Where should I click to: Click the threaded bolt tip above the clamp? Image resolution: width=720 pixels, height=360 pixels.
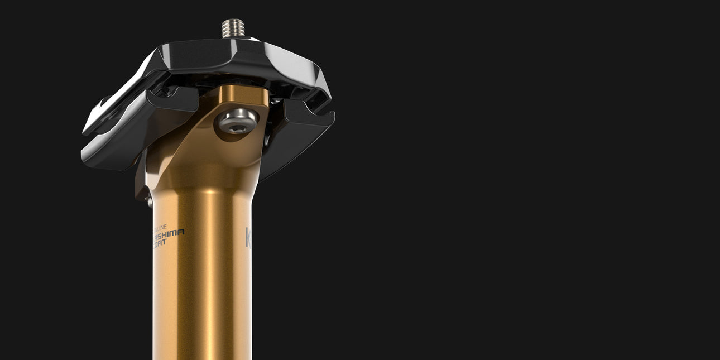click(233, 28)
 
